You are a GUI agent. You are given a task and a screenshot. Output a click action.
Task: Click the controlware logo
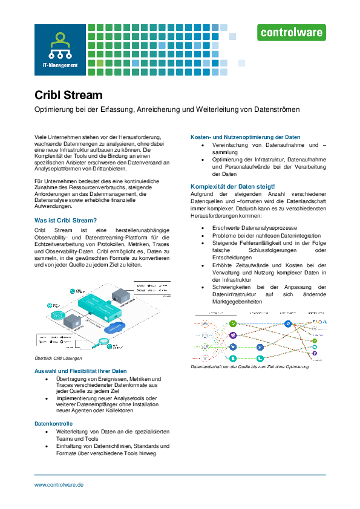pyautogui.click(x=292, y=32)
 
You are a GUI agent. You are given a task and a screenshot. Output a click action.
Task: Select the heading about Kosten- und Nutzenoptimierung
pyautogui.click(x=245, y=137)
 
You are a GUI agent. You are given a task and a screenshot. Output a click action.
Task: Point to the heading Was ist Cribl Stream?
pyautogui.click(x=65, y=221)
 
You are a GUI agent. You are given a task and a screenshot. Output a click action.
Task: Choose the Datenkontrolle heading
pyautogui.click(x=53, y=424)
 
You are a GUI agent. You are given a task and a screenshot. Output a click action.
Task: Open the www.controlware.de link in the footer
pyautogui.click(x=59, y=485)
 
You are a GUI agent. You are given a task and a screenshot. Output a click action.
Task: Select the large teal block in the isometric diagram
pyautogui.click(x=96, y=305)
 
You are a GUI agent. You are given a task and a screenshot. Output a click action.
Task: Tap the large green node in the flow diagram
pyautogui.click(x=233, y=325)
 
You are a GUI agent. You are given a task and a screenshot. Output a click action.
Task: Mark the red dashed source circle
pyautogui.click(x=205, y=358)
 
